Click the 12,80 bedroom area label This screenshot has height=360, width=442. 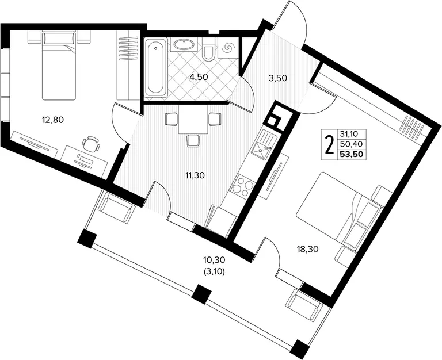click(53, 120)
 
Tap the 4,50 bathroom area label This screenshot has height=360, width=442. click(199, 77)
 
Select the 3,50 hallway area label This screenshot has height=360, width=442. click(277, 78)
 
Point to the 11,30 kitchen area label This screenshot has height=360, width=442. click(195, 175)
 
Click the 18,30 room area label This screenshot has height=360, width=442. click(307, 249)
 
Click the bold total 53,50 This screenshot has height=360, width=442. click(352, 154)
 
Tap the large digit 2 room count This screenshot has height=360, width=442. click(329, 145)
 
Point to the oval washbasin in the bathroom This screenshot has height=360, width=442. click(184, 44)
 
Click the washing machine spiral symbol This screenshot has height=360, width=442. click(227, 47)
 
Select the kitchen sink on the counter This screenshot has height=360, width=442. click(262, 145)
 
